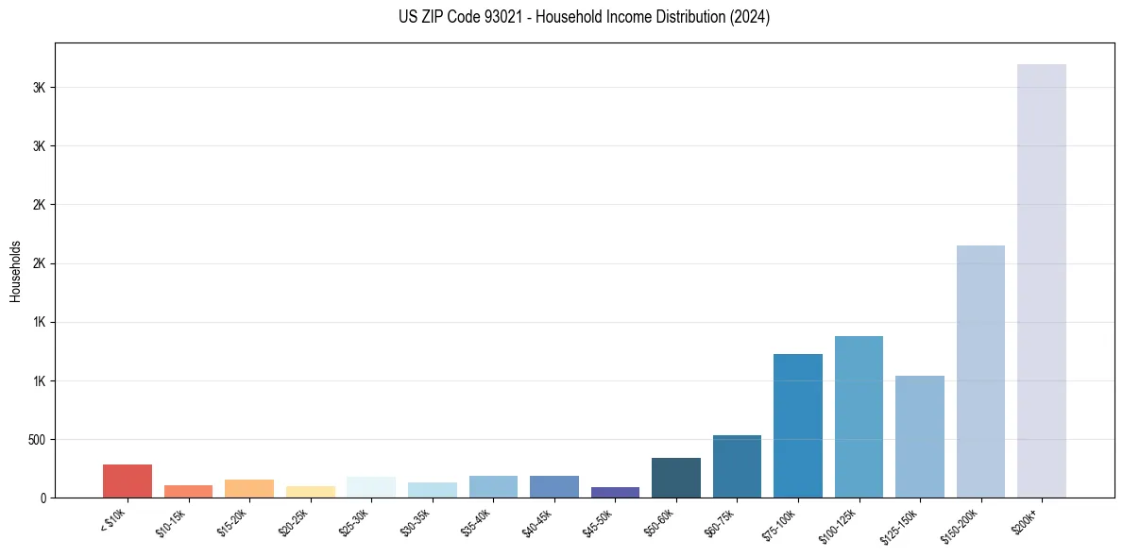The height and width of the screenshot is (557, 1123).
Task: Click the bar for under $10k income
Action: (x=128, y=481)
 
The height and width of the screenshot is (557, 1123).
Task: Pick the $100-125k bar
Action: (x=859, y=416)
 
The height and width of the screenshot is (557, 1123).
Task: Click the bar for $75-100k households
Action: (x=798, y=426)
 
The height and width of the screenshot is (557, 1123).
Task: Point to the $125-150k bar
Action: (x=919, y=436)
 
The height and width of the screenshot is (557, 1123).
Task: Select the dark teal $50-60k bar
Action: (x=676, y=478)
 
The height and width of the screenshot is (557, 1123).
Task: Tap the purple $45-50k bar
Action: (x=615, y=492)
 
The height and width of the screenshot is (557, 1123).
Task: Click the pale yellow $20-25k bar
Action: (x=311, y=492)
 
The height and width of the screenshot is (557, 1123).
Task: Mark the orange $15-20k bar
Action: (x=249, y=488)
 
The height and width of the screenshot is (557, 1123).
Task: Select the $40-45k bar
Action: (x=554, y=486)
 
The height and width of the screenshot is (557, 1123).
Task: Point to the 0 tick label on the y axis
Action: (x=43, y=498)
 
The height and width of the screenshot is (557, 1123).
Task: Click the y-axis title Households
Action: (x=15, y=270)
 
